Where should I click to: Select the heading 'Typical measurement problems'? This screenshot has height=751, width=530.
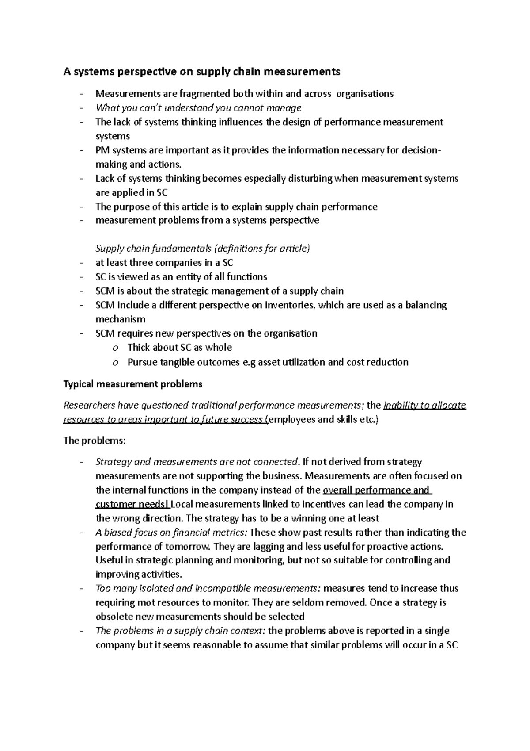pyautogui.click(x=133, y=384)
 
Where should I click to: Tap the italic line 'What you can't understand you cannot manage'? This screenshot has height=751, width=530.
pyautogui.click(x=198, y=108)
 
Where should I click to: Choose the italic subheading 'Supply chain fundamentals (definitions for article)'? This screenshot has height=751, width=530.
pyautogui.click(x=203, y=249)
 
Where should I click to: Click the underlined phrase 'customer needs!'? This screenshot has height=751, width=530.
pyautogui.click(x=132, y=505)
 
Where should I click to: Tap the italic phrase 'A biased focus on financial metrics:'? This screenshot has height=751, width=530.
pyautogui.click(x=171, y=533)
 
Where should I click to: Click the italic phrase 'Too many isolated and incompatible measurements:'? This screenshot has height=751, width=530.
pyautogui.click(x=208, y=589)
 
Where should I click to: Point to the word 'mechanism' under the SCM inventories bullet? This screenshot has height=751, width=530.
pyautogui.click(x=120, y=319)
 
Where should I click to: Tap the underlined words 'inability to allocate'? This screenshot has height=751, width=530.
pyautogui.click(x=425, y=406)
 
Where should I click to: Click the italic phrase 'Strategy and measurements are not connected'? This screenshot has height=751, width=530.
pyautogui.click(x=196, y=462)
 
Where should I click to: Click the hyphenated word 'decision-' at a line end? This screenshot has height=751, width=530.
pyautogui.click(x=421, y=150)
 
